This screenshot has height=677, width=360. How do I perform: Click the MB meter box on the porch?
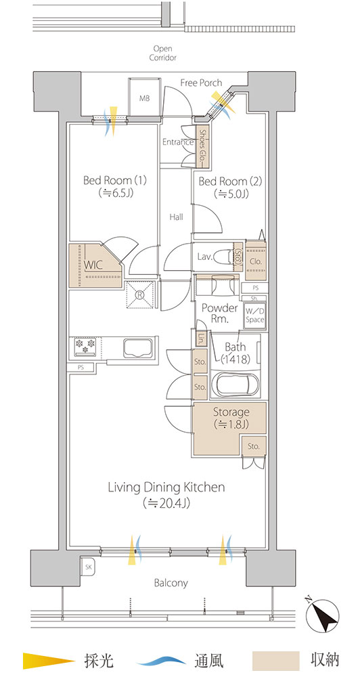144,97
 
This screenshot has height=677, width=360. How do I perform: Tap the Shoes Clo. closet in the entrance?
202,146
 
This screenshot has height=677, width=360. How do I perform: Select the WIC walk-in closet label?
93,265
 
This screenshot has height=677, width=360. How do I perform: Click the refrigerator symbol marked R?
140,294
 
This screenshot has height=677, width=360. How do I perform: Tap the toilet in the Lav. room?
223,257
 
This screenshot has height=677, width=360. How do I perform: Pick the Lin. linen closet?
201,338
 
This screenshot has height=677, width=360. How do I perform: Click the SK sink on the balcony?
87,567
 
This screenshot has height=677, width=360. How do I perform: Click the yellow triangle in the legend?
49,660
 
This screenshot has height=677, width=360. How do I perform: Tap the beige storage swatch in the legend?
275,660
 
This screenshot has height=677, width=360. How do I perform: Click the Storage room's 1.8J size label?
231,424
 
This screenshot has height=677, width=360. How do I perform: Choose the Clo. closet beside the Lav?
256,261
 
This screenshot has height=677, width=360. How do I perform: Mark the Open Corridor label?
162,53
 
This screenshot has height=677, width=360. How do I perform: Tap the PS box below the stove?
81,368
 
